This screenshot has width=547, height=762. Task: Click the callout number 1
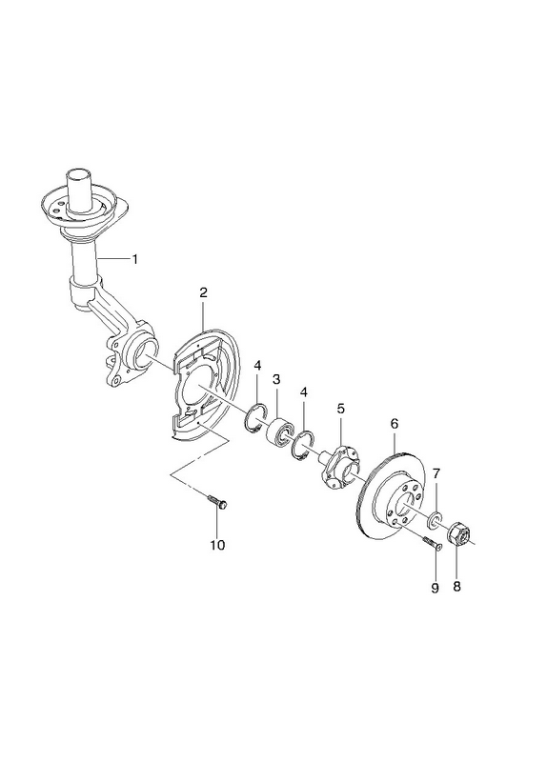tap(135, 259)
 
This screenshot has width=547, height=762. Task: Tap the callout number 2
tap(203, 292)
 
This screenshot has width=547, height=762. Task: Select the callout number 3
tap(276, 379)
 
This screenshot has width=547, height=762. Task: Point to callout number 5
tap(340, 409)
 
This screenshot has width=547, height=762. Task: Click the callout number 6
tap(394, 424)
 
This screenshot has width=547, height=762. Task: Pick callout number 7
tap(436, 472)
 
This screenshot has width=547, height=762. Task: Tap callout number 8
tap(456, 586)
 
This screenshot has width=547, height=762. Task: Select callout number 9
tap(435, 588)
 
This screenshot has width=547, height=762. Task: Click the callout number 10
tap(217, 545)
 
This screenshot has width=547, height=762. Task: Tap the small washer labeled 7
tap(435, 519)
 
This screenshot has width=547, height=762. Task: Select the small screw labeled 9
tap(432, 543)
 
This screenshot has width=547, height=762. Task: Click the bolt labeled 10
tap(217, 502)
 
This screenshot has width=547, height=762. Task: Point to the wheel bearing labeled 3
tap(280, 431)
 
